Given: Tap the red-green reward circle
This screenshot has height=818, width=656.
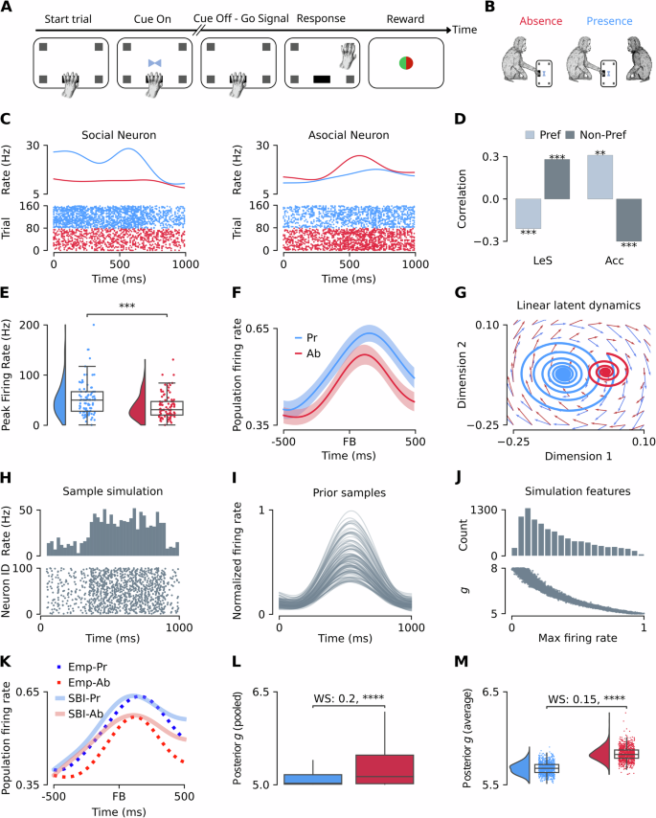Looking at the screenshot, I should click(407, 64).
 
